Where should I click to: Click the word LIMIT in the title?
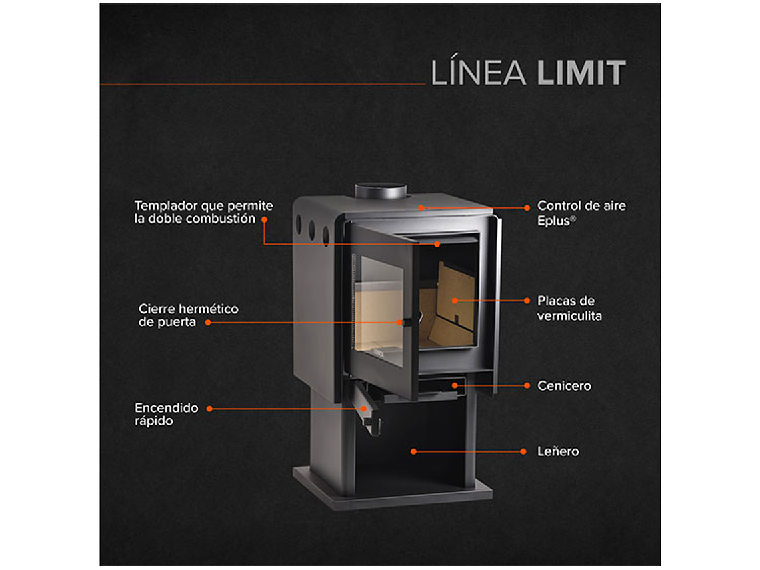581,73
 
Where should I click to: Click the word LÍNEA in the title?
479,73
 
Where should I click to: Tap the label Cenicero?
564,385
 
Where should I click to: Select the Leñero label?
558,451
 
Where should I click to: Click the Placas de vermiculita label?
569,308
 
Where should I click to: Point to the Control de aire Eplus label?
581,213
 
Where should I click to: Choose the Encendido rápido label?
166,414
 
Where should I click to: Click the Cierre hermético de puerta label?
188,315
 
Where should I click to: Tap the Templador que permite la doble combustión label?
203,212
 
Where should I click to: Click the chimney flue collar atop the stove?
380,191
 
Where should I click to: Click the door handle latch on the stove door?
402,323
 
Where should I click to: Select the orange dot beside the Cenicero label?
526,385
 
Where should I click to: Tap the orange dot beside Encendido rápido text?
209,408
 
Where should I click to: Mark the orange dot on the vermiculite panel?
455,301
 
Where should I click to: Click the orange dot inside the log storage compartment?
413,451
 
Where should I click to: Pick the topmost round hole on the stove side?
298,221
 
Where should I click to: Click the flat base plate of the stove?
393,493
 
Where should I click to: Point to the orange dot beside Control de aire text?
527,208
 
